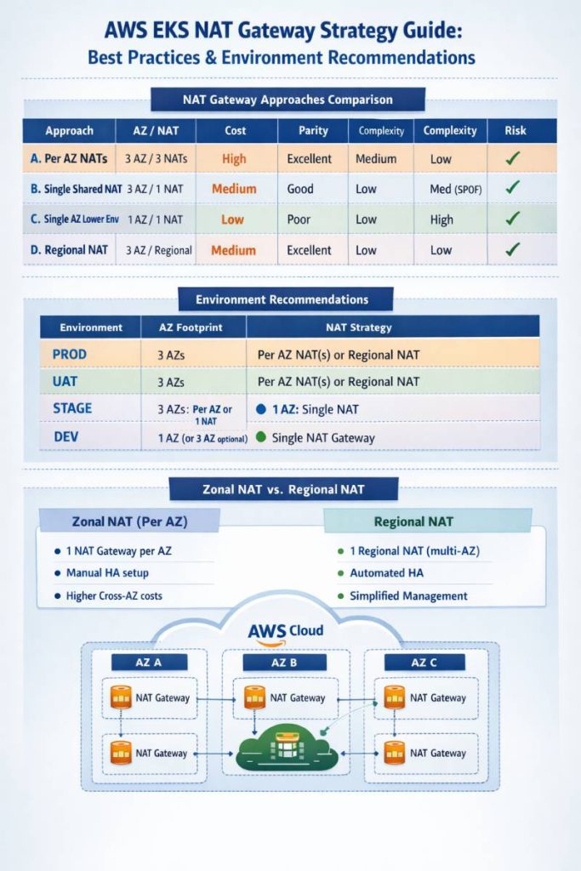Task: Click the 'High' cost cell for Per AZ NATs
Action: click(233, 159)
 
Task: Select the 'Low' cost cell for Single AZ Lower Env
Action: click(233, 219)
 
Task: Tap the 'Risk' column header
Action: click(515, 131)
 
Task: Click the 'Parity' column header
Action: click(313, 131)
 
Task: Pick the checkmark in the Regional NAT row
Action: click(512, 250)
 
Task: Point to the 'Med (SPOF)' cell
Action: click(455, 189)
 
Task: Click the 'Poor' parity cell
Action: click(300, 219)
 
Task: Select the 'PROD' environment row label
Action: click(70, 353)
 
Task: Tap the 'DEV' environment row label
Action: click(66, 436)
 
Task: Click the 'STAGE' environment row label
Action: click(72, 408)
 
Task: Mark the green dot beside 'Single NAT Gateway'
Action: click(260, 437)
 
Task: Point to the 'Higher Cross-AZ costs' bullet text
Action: click(114, 596)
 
